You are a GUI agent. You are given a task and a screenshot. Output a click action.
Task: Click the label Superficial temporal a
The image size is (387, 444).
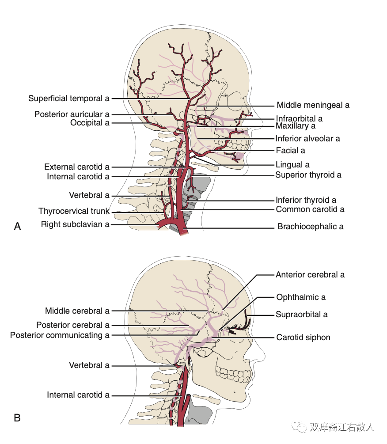tap(68, 99)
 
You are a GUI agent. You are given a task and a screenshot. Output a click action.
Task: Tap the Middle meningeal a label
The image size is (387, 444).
tap(313, 105)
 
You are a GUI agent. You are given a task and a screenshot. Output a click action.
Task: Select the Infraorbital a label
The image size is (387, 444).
tap(299, 118)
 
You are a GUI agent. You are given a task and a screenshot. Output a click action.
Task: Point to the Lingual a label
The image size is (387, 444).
tap(292, 165)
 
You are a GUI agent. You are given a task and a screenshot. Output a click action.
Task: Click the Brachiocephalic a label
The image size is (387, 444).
tap(310, 227)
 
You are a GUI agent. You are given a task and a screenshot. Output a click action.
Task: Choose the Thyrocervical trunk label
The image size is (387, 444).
tap(74, 211)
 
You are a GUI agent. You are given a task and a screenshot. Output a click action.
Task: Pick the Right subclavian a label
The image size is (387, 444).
tap(75, 224)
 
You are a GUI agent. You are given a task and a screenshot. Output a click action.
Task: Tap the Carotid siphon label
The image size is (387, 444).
tap(303, 338)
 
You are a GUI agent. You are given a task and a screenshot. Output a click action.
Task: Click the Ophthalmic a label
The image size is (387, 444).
tap(301, 297)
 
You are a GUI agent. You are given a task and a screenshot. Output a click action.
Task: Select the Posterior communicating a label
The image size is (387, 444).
tap(60, 335)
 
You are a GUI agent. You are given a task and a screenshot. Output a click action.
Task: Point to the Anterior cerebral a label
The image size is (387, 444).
tap(310, 275)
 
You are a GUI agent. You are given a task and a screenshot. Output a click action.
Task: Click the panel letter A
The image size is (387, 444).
tap(18, 227)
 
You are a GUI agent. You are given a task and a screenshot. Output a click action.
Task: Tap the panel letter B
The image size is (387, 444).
tap(18, 417)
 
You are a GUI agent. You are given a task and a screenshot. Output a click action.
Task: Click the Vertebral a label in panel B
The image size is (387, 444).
tap(89, 365)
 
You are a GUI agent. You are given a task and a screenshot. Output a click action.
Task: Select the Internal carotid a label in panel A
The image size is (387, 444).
tap(78, 177)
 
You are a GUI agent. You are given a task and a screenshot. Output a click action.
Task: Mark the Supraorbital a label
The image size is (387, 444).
tap(302, 315)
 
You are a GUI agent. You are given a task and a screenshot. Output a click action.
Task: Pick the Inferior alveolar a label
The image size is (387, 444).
tap(307, 139)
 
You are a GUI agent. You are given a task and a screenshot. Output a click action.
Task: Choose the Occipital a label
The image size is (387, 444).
tap(90, 123)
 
